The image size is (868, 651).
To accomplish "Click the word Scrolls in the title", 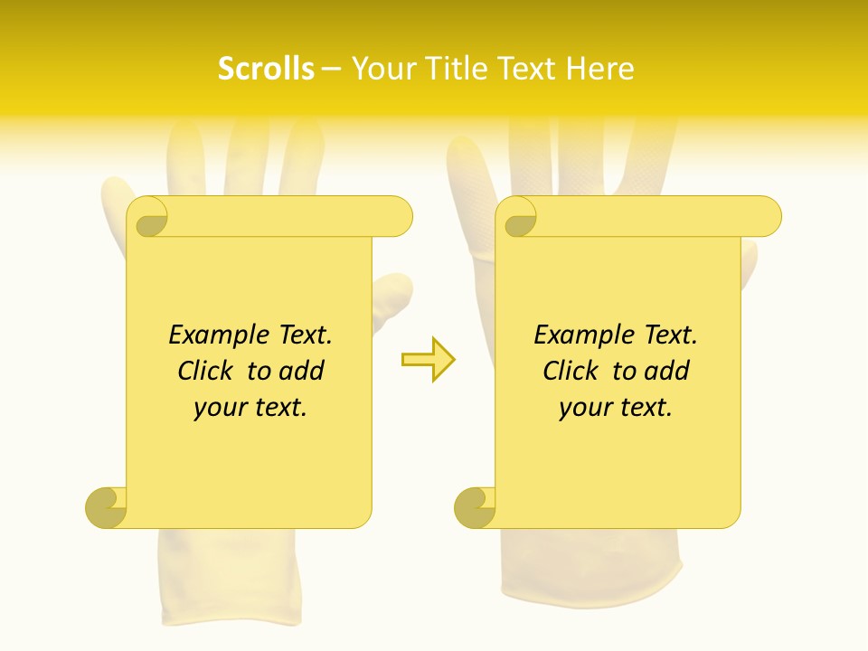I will tap(266, 69).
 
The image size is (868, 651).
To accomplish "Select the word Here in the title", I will tap(600, 69).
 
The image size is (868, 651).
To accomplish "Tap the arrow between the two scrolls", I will tap(428, 360).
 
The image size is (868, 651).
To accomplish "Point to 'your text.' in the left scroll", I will tap(250, 407).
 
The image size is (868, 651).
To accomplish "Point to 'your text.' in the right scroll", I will tap(616, 407).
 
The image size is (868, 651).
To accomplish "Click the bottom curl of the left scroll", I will tap(107, 506).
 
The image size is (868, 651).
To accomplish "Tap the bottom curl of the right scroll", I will tap(475, 506).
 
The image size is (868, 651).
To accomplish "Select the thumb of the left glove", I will tap(391, 294).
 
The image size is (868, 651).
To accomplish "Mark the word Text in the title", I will tap(524, 69).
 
